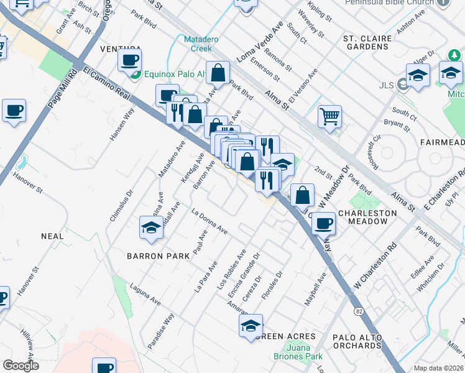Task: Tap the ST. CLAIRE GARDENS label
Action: tap(367, 43)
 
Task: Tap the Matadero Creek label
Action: tap(199, 44)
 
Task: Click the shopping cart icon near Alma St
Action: tap(329, 116)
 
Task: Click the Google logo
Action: tap(21, 366)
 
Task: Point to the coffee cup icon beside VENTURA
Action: tap(130, 60)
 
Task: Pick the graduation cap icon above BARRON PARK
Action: tap(151, 228)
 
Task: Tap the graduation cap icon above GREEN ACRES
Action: tap(251, 325)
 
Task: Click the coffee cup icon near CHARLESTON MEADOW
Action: tap(323, 224)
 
